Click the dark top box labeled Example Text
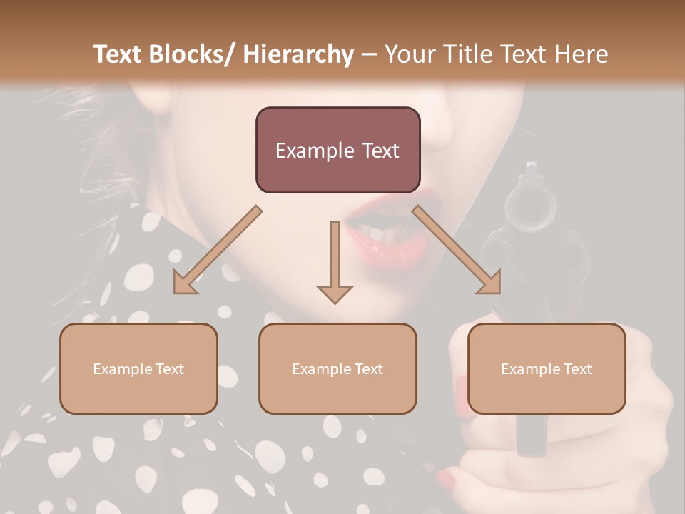[338, 150]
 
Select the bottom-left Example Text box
[138, 368]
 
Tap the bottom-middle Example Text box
[338, 368]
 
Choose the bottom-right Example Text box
[547, 368]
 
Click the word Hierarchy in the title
[298, 55]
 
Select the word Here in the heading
[582, 55]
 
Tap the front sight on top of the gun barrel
[530, 169]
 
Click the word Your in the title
[410, 55]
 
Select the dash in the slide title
[370, 55]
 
